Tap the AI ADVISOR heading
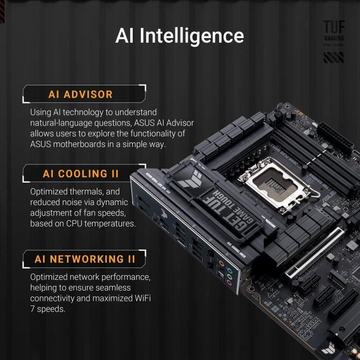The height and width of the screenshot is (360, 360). tap(80, 95)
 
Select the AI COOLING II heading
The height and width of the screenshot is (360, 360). tap(81, 174)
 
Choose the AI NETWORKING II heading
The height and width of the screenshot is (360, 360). tap(85, 259)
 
